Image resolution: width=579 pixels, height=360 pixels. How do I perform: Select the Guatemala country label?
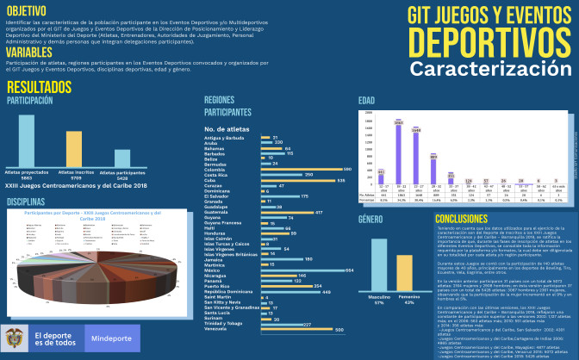pyautogui.click(x=220, y=212)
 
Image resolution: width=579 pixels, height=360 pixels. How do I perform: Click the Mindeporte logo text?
pyautogui.click(x=112, y=338)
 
